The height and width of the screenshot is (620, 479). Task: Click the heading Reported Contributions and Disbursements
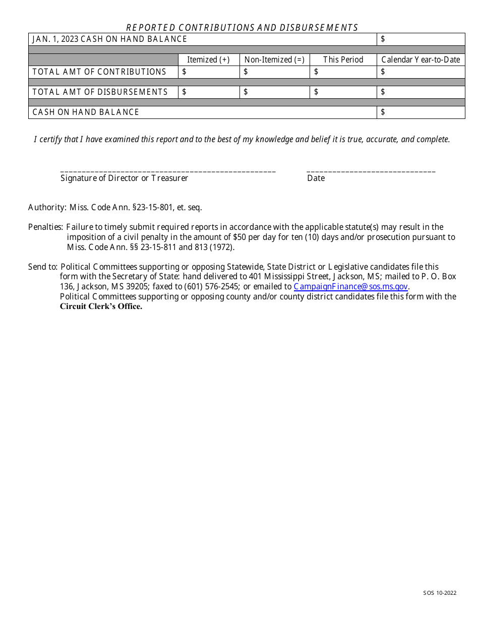(242, 28)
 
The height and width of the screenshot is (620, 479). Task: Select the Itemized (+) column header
(208, 59)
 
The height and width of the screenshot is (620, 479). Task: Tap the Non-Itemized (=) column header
(274, 59)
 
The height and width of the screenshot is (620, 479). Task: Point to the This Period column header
(343, 59)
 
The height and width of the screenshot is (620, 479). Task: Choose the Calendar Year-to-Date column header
(421, 59)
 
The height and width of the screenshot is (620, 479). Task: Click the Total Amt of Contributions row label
(99, 72)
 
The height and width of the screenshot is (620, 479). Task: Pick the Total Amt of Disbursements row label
(100, 92)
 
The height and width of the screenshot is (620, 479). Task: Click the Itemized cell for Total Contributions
(209, 72)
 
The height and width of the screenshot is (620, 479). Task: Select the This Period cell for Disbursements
(343, 92)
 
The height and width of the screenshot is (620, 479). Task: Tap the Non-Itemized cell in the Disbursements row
(274, 92)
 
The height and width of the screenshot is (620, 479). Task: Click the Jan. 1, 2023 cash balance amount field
(421, 39)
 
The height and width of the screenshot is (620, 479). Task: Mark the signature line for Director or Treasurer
(168, 171)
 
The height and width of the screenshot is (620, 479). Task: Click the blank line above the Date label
(371, 171)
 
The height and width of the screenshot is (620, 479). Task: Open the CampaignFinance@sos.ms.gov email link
(350, 287)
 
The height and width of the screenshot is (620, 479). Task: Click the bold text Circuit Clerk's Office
(101, 306)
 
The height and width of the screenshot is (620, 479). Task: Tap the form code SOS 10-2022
(440, 593)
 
